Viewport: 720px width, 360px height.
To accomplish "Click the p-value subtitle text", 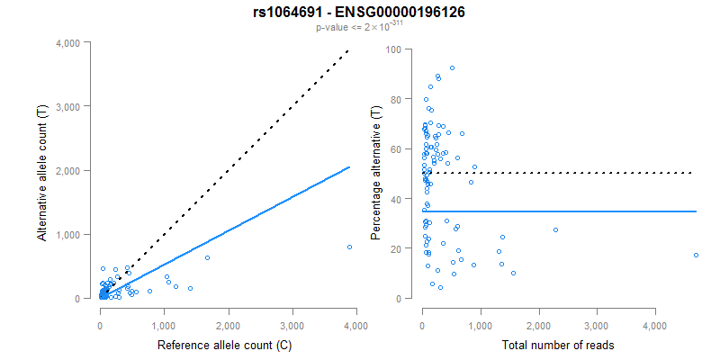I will (359, 27).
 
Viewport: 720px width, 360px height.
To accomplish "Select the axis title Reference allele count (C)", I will (229, 345).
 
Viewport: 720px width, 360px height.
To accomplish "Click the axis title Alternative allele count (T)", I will (42, 171).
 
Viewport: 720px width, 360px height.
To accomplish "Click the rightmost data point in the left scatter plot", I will (349, 247).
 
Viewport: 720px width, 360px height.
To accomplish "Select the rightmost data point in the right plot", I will (696, 255).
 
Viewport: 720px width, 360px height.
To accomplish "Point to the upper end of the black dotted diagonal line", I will (349, 51).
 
